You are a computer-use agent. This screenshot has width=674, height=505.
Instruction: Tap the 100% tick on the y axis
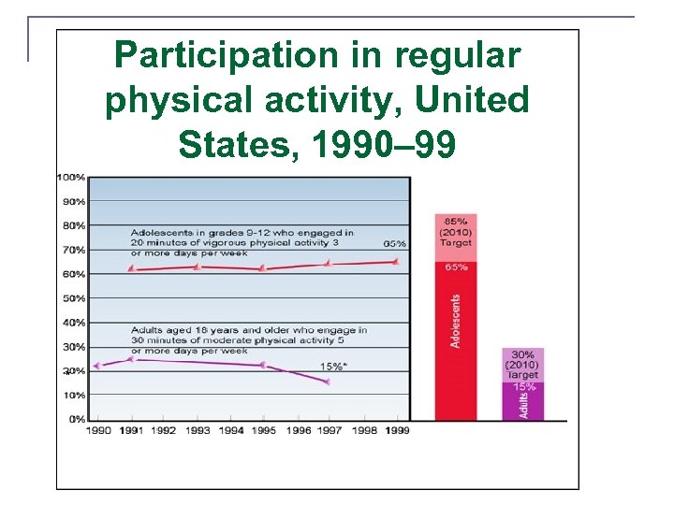click(x=72, y=177)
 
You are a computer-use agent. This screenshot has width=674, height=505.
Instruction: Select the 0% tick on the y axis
click(x=76, y=419)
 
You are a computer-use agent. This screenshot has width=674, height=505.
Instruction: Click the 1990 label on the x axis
click(x=98, y=431)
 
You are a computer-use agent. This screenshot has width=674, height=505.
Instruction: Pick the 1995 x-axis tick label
click(x=264, y=431)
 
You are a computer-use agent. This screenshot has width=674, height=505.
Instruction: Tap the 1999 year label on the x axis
click(x=397, y=431)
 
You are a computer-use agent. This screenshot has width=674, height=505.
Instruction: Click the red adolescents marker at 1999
click(x=397, y=262)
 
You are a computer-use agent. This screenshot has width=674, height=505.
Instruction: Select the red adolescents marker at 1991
click(x=132, y=269)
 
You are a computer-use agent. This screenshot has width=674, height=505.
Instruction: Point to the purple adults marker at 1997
click(x=327, y=382)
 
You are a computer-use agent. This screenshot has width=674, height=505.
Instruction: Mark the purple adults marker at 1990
click(x=97, y=366)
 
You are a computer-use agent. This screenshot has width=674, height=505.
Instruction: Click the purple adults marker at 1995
click(x=264, y=365)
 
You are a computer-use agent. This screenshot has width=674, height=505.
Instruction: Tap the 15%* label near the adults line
click(x=334, y=367)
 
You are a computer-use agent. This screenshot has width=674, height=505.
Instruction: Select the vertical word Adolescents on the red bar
click(x=456, y=322)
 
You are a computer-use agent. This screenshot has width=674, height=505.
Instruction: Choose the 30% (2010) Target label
click(x=521, y=365)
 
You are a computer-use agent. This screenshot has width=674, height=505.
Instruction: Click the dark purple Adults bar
click(x=521, y=402)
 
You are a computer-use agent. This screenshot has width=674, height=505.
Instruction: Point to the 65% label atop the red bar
click(x=456, y=267)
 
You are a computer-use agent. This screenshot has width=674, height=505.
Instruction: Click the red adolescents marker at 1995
click(x=264, y=268)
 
